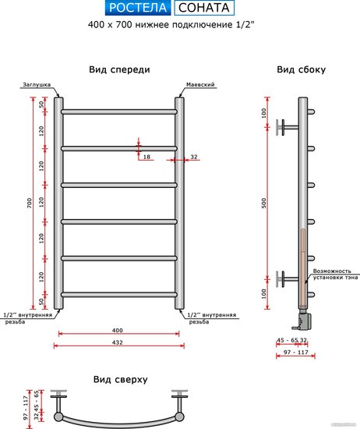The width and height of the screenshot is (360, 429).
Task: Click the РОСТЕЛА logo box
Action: coord(137,8)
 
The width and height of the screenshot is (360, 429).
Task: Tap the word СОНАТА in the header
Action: coord(204,8)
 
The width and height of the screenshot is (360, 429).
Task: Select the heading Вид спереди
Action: coord(119,69)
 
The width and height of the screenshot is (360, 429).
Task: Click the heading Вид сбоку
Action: coord(302,69)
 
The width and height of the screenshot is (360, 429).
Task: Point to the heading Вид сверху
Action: coord(120,380)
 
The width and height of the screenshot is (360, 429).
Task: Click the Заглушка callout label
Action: coord(37,84)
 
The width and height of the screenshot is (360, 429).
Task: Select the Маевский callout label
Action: coord(200,84)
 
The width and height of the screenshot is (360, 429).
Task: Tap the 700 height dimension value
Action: coord(30,203)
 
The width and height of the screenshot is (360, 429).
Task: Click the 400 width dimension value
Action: coord(117,330)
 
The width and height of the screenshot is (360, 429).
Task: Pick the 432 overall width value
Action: coord(117,342)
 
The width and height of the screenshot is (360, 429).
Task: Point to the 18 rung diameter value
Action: coord(146,157)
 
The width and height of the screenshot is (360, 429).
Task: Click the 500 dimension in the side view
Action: coord(263,203)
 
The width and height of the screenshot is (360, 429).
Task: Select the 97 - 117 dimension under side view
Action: coord(296,352)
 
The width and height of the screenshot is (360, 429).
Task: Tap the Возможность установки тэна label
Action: coord(335,274)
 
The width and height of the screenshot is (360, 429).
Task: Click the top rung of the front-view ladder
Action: coord(119,112)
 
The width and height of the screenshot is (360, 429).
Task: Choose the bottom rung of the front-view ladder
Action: coord(119,295)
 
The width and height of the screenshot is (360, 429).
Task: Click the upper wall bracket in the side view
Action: coord(287,127)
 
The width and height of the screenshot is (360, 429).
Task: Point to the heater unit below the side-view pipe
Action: coord(303,319)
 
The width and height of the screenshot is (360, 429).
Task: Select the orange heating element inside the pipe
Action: coord(303,268)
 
